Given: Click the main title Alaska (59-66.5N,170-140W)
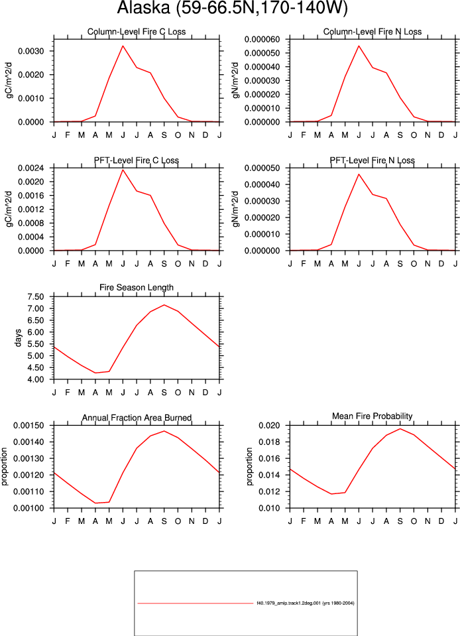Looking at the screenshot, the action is [232, 7].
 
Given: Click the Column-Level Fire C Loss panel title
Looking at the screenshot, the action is [137, 32].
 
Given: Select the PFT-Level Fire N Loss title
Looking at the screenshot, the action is [372, 160].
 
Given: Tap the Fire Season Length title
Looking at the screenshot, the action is [137, 288].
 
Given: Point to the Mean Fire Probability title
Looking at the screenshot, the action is [372, 416].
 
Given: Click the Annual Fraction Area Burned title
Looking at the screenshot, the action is [137, 418].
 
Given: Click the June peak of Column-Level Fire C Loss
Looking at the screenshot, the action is [123, 46].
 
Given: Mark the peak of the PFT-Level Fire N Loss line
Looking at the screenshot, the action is [359, 174].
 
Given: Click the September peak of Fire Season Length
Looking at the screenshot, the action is [164, 304].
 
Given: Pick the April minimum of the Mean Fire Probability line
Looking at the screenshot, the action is [331, 493].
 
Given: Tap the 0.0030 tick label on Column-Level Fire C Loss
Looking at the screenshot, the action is [31, 51].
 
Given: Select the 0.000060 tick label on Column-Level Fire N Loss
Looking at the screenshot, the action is [262, 39].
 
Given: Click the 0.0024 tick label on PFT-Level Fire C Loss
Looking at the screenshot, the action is [31, 168].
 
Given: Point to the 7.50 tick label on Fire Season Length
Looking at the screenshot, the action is [36, 297].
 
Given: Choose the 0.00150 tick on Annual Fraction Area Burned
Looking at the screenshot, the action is [29, 426].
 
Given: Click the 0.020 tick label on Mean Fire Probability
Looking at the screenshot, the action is [269, 426].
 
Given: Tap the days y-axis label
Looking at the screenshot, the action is [18, 338].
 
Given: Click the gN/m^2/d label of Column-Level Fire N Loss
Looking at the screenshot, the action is [235, 80].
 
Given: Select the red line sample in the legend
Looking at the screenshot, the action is [196, 603].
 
